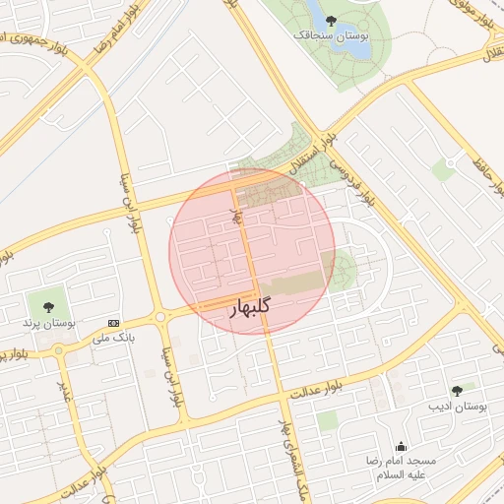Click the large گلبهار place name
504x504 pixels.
(250, 308)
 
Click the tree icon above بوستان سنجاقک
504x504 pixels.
(330, 19)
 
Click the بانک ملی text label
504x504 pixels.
(113, 338)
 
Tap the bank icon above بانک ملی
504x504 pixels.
(114, 323)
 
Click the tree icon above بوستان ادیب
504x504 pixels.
(456, 391)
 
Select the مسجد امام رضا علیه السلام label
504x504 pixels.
(400, 468)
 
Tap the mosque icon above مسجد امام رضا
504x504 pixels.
(400, 445)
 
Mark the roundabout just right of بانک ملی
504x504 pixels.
(159, 317)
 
